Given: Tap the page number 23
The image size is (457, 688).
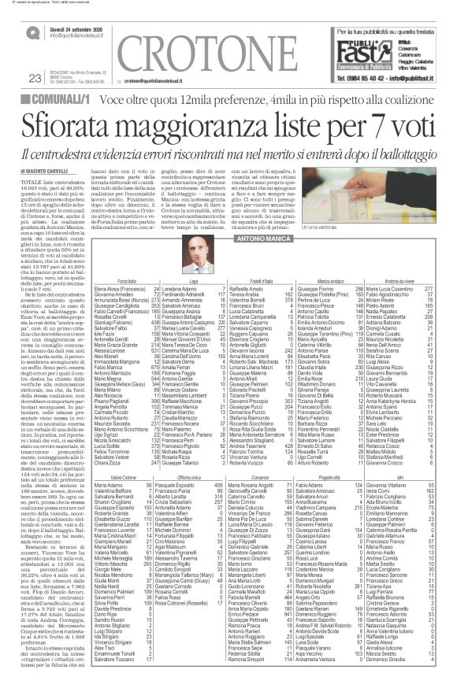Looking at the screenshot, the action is (x=34, y=77).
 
